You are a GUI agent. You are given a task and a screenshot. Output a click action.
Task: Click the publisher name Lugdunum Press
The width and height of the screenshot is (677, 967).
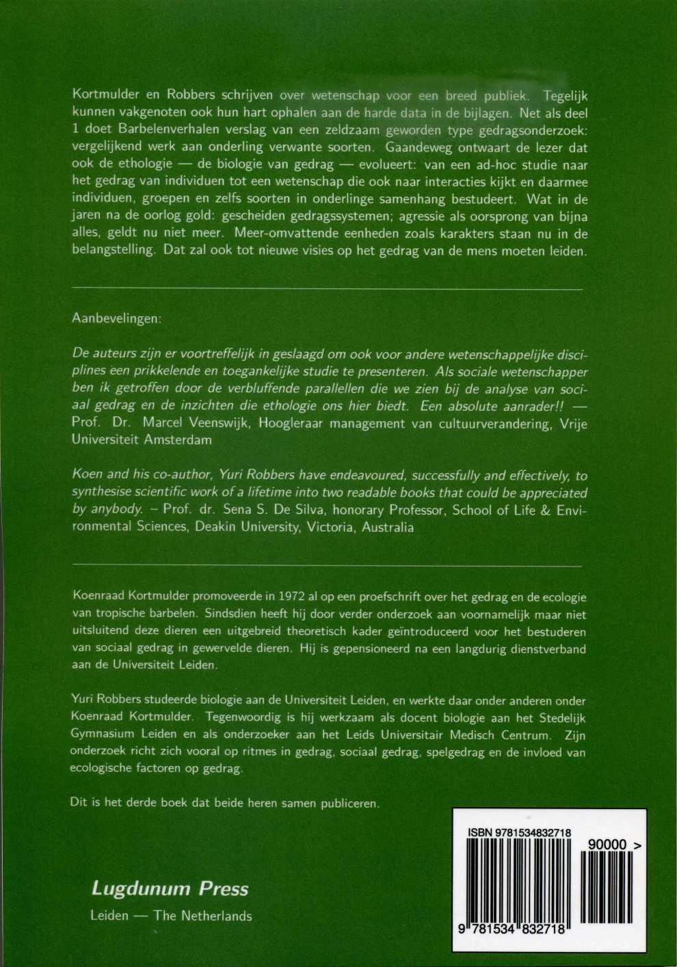[170, 888]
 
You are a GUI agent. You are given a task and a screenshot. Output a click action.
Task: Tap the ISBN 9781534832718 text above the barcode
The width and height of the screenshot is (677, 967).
[519, 832]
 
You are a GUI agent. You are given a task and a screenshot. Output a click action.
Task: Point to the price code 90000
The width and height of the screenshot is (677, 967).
[607, 845]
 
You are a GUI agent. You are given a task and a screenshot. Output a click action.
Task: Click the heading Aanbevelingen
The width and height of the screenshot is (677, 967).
[116, 319]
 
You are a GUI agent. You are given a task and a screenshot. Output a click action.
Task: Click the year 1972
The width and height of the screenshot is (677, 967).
[290, 597]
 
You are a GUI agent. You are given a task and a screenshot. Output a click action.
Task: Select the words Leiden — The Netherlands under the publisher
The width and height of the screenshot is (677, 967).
[171, 916]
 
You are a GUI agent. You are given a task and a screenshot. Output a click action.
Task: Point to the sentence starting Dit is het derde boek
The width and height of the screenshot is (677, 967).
[224, 803]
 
